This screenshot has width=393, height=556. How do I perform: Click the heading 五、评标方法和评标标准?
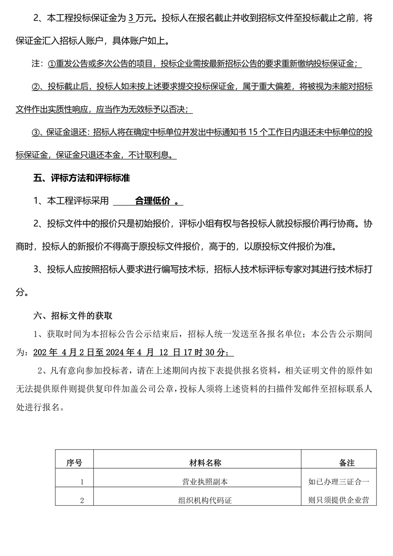pyautogui.click(x=82, y=178)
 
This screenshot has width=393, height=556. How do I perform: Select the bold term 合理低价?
pyautogui.click(x=152, y=201)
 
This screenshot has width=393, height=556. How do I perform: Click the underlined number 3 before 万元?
pyautogui.click(x=131, y=19)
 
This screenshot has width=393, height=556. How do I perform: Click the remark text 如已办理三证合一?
pyautogui.click(x=339, y=482)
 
